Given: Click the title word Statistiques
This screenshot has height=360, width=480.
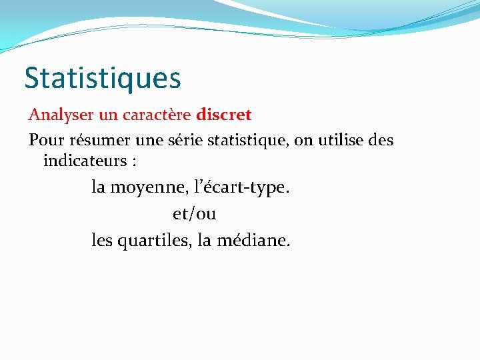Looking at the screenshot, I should coord(103,77).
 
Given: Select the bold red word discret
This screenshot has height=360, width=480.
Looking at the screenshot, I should coord(224,115).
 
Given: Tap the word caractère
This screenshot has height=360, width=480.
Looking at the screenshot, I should coord(157,115).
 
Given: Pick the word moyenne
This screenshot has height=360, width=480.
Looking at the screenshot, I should coord(143,188).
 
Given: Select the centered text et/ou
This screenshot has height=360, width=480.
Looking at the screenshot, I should coord(195,214).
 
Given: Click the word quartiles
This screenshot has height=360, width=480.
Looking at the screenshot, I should coord(155,240).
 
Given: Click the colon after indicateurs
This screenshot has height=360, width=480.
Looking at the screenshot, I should coord(133,161).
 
